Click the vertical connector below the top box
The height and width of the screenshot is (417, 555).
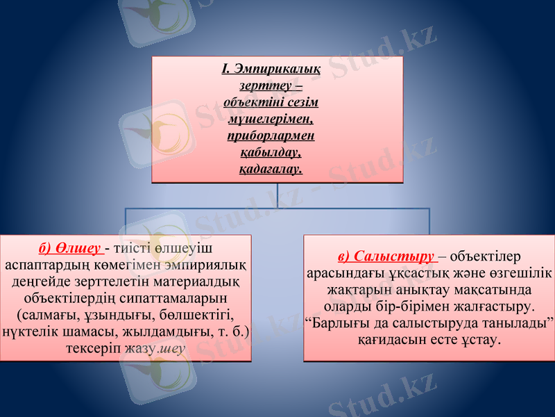277,195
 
